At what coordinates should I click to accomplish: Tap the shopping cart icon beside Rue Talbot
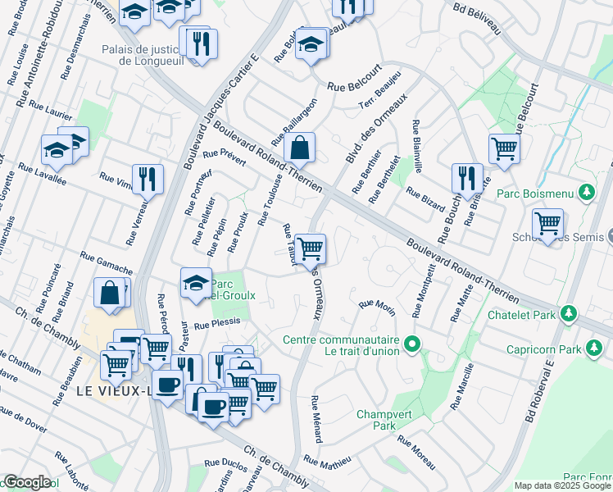point(310,248)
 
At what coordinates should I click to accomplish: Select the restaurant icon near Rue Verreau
point(148,178)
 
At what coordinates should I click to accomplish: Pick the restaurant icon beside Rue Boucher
point(466,177)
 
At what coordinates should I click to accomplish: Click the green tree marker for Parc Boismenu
point(585,193)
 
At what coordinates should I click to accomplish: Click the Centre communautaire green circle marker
point(414,343)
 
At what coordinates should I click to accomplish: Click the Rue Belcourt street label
point(355,84)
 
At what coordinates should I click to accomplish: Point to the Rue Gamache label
point(106,262)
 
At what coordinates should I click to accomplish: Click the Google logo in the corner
point(27,482)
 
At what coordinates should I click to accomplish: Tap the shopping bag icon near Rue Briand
point(111,293)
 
